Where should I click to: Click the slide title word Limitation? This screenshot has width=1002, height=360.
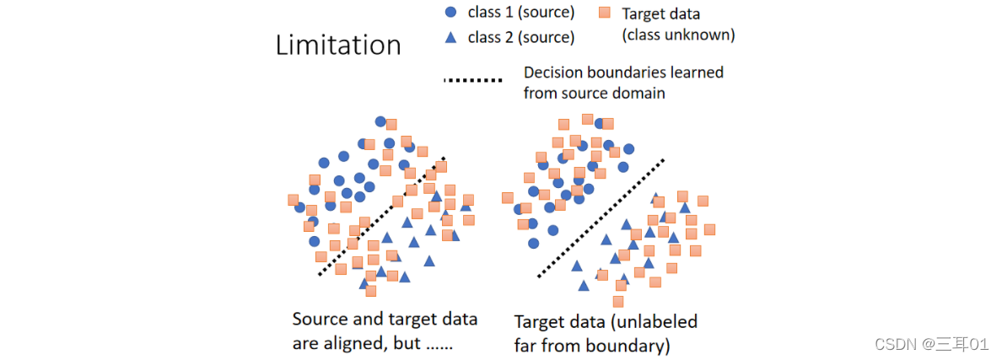coord(338,45)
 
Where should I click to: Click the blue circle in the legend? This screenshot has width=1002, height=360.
coord(450,13)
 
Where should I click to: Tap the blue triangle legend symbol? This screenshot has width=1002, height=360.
coord(450,37)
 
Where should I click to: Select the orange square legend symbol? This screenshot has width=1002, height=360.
coord(604,13)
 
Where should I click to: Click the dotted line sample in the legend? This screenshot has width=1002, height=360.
coord(472,82)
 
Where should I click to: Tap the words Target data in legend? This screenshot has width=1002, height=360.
coord(661,13)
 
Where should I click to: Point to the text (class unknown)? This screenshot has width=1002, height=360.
coord(678,35)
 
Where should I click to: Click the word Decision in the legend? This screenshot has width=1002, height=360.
coord(553,73)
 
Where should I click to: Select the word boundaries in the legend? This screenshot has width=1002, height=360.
coord(628,73)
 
